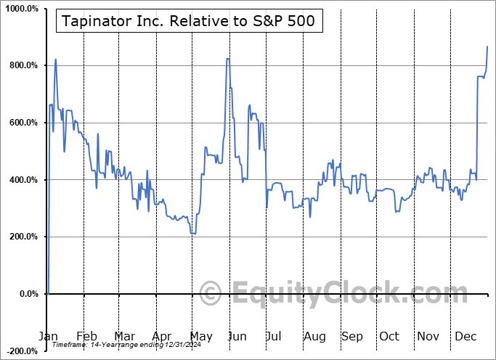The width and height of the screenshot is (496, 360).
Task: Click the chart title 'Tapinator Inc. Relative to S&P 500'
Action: click(189, 21)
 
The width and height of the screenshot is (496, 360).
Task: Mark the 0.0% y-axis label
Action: click(26, 294)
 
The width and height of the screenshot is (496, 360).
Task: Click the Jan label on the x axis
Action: click(47, 337)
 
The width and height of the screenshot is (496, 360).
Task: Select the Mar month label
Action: click(124, 337)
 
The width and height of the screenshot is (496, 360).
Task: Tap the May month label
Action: click(201, 337)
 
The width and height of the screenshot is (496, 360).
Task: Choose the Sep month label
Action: click(352, 337)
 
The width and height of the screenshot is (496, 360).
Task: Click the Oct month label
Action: click(390, 337)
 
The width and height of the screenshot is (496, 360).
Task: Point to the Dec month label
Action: click(465, 337)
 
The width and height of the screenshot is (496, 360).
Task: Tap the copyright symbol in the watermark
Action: click(211, 294)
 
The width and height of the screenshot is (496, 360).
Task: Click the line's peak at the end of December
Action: click(487, 46)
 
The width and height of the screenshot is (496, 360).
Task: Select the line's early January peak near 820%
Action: click(55, 60)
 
